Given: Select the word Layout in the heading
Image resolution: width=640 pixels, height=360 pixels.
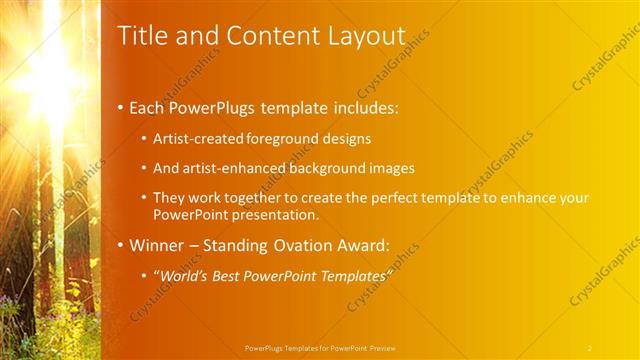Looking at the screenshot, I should [364, 36].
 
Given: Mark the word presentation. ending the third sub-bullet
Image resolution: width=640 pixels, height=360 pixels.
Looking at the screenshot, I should [272, 215].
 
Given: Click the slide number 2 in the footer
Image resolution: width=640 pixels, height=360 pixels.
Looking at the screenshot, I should [589, 347].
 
